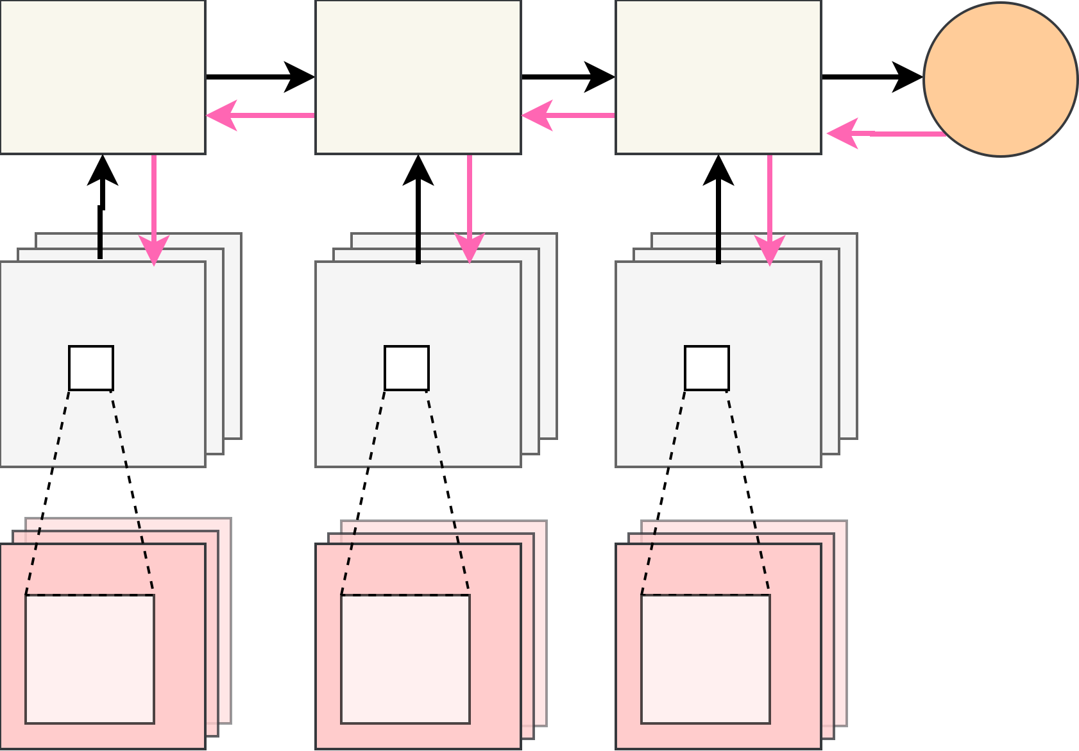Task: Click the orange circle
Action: [x=1000, y=79]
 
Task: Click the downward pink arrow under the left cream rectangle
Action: [x=154, y=205]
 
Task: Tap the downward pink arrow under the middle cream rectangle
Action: [x=470, y=205]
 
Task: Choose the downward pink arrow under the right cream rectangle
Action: [x=770, y=205]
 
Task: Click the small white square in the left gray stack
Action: [x=91, y=368]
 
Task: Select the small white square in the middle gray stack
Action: [x=407, y=368]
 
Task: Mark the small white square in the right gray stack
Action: [x=707, y=368]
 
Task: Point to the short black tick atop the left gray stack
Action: [x=100, y=246]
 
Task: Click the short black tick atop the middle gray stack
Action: [x=418, y=248]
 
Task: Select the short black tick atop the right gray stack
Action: [x=718, y=248]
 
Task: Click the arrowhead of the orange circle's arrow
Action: [x=840, y=133]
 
